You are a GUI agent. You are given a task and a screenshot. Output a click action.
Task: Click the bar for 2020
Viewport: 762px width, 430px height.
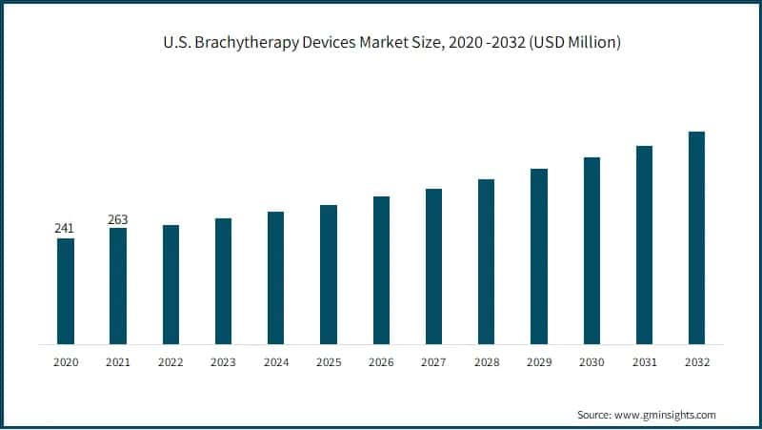[x=66, y=291]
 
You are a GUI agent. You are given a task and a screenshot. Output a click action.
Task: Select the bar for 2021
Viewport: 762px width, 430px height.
[x=118, y=286]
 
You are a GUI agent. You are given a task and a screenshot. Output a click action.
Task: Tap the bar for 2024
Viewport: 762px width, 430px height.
[x=276, y=277]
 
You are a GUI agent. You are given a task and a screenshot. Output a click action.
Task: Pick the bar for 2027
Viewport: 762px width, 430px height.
[x=433, y=266]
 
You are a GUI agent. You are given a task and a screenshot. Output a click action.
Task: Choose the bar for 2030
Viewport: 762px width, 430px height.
[x=592, y=250]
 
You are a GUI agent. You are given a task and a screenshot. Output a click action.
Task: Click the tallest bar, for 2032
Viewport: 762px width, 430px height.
[x=696, y=237]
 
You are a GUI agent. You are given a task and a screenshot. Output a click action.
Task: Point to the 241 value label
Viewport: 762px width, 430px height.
[x=65, y=229]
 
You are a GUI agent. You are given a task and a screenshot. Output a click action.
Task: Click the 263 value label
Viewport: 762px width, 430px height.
[x=118, y=219]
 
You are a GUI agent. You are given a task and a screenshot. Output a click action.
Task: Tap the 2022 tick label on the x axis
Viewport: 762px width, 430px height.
[x=170, y=362]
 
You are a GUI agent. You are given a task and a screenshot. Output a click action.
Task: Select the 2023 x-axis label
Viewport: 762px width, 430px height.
[x=223, y=362]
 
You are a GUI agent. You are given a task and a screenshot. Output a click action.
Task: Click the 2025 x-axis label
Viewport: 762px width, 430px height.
[x=329, y=362]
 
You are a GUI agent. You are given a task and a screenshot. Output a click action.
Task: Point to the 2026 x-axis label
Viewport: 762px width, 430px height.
[x=381, y=362]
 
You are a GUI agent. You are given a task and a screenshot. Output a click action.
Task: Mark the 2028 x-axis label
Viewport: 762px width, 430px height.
[x=486, y=362]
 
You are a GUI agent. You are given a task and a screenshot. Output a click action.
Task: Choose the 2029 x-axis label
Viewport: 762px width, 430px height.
[x=539, y=362]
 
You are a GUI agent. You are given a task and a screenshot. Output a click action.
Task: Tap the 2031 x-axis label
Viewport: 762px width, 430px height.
[x=644, y=362]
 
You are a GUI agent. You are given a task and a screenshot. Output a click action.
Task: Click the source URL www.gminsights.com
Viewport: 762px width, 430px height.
[x=666, y=415]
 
